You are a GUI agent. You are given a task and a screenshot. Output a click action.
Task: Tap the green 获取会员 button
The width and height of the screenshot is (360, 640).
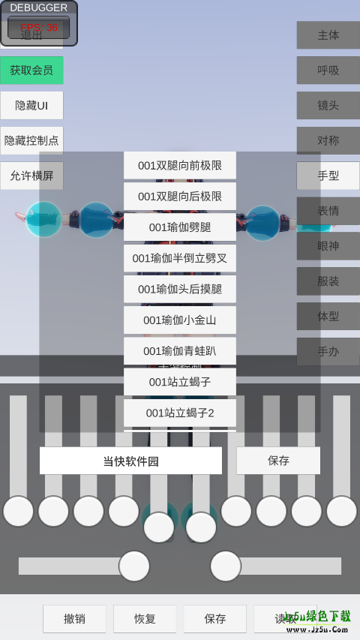tap(31, 71)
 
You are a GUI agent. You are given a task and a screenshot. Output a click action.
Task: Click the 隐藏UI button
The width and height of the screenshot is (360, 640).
tap(31, 106)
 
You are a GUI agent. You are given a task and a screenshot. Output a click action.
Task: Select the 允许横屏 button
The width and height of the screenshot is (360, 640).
tap(31, 176)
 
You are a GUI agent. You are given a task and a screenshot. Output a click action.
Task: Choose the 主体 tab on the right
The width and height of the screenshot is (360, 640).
tap(328, 35)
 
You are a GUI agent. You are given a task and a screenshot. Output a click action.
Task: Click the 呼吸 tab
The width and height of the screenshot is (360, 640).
tap(328, 71)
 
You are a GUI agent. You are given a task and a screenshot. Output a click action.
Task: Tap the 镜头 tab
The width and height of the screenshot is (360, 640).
tap(328, 106)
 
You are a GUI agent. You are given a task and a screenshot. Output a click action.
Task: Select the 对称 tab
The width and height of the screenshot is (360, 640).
tap(328, 141)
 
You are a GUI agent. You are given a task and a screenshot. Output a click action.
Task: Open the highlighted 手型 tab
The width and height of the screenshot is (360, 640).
tap(328, 176)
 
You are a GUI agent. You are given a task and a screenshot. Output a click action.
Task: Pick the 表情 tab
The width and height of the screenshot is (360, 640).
tap(328, 212)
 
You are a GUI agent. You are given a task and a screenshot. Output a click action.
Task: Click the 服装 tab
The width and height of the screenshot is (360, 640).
tap(328, 282)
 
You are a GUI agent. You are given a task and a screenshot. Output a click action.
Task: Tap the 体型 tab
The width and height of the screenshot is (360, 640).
tap(328, 317)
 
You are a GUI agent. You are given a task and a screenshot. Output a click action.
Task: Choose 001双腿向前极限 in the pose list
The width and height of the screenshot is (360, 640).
tap(180, 166)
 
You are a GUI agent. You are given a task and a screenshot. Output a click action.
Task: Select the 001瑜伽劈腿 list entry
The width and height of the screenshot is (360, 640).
tap(180, 227)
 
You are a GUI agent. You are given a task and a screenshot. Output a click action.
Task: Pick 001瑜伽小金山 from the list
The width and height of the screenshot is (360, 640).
tap(180, 320)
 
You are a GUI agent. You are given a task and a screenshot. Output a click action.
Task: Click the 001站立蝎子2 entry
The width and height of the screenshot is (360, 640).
tap(180, 413)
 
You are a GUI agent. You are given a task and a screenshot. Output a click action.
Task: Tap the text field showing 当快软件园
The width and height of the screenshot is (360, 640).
tap(130, 461)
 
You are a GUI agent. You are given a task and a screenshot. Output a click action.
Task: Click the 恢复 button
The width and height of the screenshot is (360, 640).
tap(145, 619)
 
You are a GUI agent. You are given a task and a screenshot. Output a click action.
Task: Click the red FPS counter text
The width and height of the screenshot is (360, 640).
tap(39, 28)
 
